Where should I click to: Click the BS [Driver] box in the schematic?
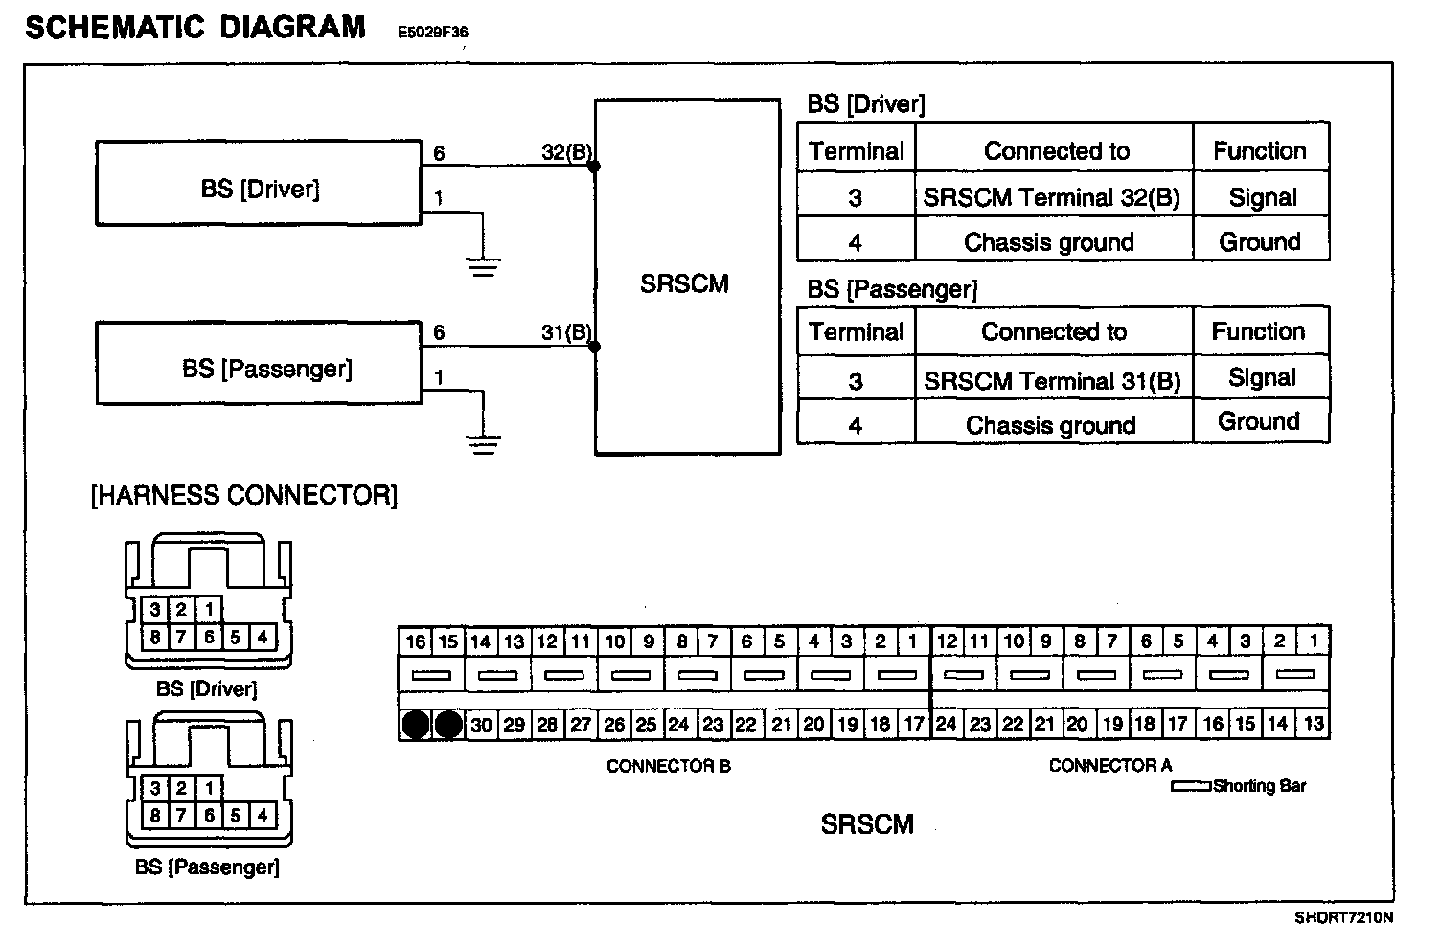(x=259, y=184)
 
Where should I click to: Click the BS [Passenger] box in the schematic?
(x=259, y=363)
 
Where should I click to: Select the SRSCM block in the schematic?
(x=686, y=278)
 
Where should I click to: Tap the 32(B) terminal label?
(x=565, y=152)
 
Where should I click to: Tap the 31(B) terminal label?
(x=565, y=332)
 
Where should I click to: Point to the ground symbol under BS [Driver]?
(x=485, y=265)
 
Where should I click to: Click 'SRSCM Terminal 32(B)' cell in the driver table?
(x=1052, y=197)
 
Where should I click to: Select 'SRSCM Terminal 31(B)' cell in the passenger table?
(x=1052, y=380)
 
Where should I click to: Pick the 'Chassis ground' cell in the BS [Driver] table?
(x=1050, y=242)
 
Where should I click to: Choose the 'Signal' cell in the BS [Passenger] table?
(x=1262, y=377)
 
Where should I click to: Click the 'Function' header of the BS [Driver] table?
(x=1260, y=150)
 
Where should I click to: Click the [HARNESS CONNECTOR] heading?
(x=243, y=495)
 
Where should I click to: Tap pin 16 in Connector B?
(x=415, y=642)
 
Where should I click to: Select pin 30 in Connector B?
(x=481, y=725)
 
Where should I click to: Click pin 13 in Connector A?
(x=1313, y=724)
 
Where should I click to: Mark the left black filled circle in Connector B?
(x=415, y=725)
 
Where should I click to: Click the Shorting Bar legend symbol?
(x=1190, y=787)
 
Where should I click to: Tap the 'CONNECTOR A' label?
(x=1109, y=765)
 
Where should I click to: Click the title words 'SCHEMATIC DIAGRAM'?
(x=194, y=27)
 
